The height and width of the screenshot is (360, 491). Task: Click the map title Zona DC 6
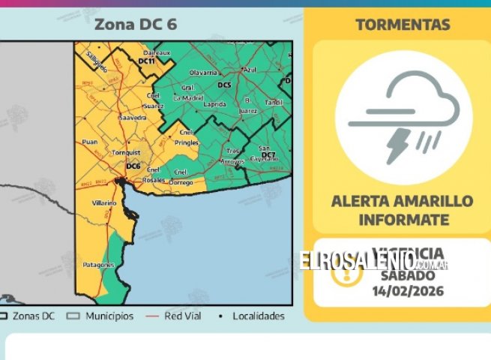pos(136,24)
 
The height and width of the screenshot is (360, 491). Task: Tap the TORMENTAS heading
pos(403,24)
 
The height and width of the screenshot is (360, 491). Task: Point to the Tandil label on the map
pos(275,101)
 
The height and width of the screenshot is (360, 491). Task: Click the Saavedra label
pos(133,118)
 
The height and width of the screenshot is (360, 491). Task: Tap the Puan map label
pos(90,140)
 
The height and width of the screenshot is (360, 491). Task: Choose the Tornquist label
pos(121,152)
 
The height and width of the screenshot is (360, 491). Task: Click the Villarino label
pos(104,203)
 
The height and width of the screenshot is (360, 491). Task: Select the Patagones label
pos(98,265)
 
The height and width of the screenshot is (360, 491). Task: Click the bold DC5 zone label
pos(223,85)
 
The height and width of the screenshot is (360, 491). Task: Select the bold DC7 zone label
pos(268,154)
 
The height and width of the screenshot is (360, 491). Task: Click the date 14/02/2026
pos(403,289)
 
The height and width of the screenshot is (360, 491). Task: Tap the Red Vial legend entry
pos(183,316)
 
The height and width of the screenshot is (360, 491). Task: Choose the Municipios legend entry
pos(109,316)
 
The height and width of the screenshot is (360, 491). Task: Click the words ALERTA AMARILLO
pos(403,201)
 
